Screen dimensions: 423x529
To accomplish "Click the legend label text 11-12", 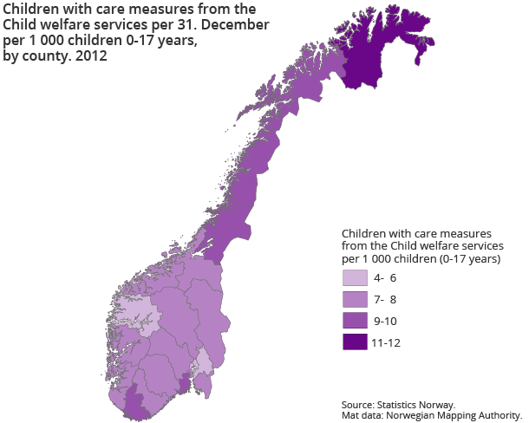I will click(386, 342).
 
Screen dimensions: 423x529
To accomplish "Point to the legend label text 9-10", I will click(385, 321).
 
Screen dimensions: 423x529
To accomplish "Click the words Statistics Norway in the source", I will click(425, 404).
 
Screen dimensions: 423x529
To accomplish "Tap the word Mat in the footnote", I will click(349, 414).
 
